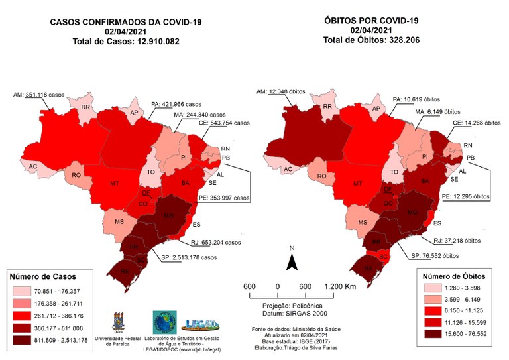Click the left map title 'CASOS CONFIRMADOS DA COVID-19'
point(126,21)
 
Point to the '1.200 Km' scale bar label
point(339,286)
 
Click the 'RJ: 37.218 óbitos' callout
point(455,242)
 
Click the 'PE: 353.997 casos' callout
point(219,198)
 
